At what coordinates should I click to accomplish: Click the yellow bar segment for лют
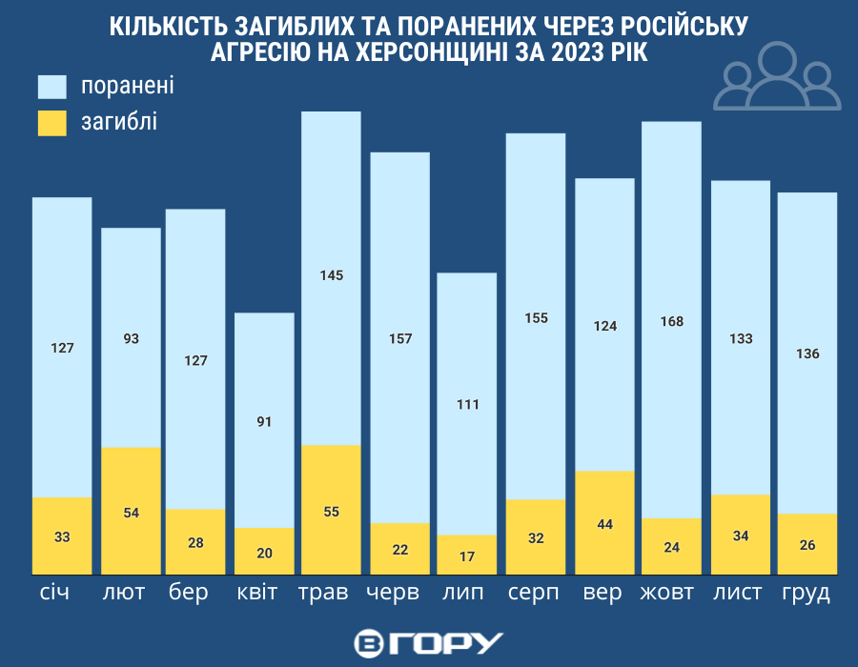click(131, 511)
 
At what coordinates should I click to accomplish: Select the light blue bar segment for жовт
click(671, 320)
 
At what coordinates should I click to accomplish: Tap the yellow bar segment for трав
click(331, 510)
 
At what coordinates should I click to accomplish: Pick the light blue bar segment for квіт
click(264, 420)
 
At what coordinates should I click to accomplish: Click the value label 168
click(671, 321)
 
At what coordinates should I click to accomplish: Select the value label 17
click(467, 556)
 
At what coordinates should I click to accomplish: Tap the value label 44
click(604, 524)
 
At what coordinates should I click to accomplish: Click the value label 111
click(467, 405)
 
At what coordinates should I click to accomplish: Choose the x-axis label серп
click(534, 593)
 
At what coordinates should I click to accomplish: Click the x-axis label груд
click(807, 593)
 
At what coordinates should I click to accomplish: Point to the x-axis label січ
click(62, 593)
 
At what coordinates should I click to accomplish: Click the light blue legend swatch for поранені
click(52, 86)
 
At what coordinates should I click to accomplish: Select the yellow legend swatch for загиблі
click(52, 122)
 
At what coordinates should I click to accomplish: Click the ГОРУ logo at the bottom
click(428, 642)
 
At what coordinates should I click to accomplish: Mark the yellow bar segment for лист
click(741, 535)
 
